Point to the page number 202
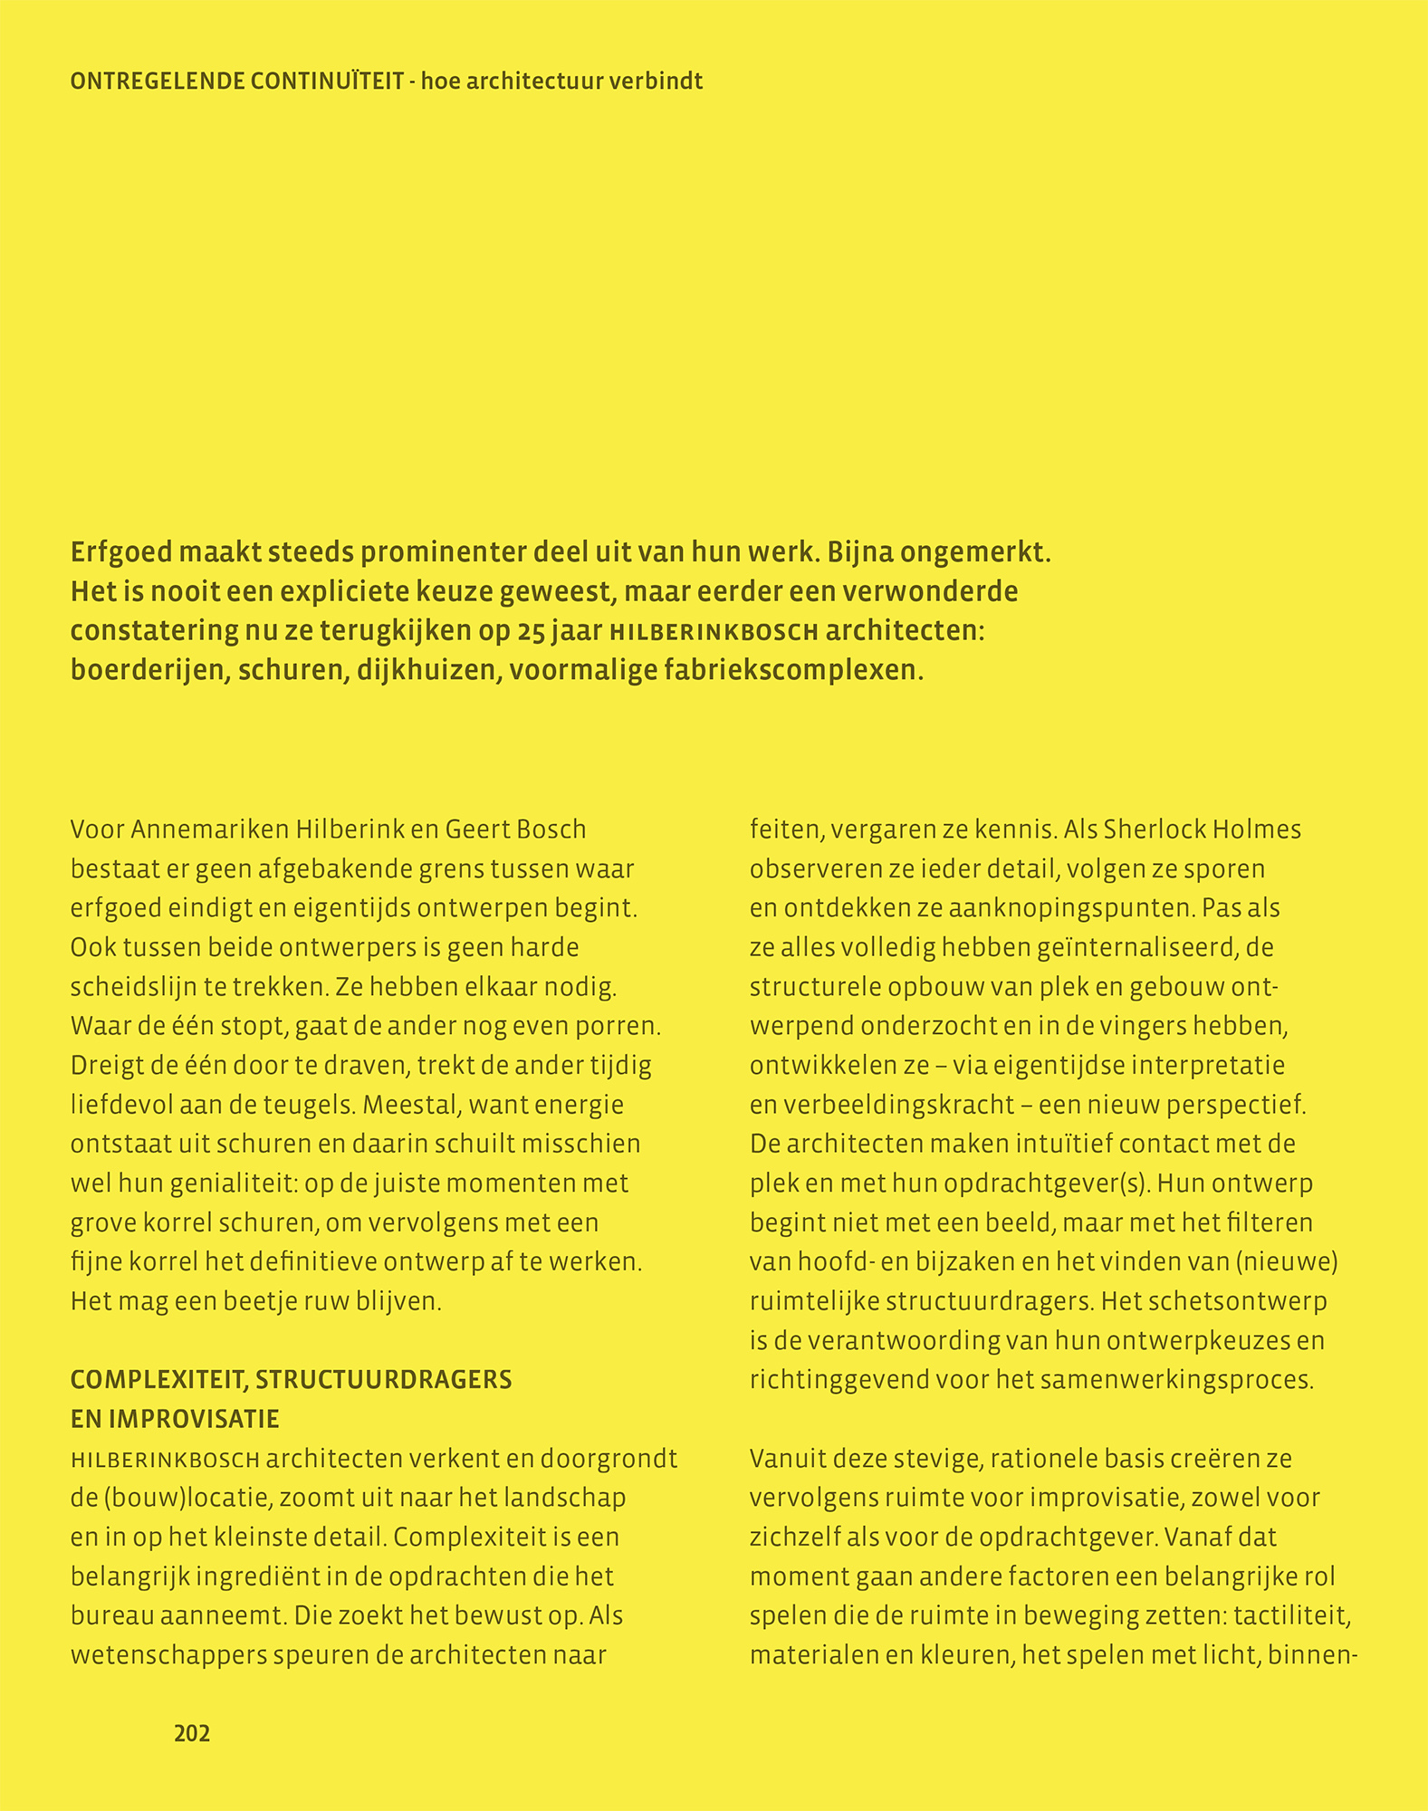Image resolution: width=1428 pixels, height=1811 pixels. point(192,1733)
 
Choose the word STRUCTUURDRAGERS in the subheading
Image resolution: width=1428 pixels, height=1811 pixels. point(383,1380)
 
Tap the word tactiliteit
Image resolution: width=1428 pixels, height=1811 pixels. point(1294,1616)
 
